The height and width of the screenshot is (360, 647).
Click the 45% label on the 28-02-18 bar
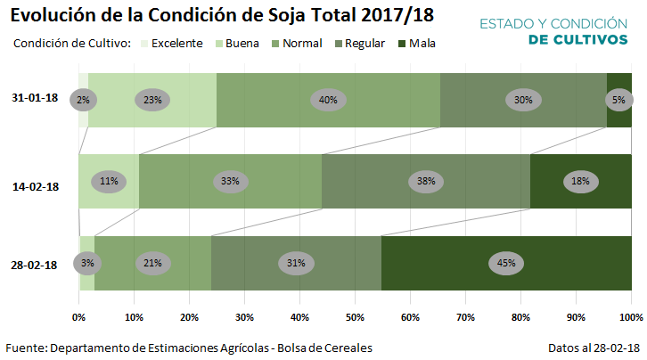[506, 263]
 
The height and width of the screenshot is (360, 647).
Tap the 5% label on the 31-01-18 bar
[618, 100]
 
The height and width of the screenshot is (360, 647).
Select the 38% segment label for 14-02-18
[426, 181]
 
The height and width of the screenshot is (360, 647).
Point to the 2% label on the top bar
[83, 100]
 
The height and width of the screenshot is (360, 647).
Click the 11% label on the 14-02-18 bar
[109, 181]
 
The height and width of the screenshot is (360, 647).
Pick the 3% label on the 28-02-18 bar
[87, 263]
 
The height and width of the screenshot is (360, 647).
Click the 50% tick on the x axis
[355, 316]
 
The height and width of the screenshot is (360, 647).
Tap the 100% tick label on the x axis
[630, 316]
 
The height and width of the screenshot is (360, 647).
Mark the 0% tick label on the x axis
[79, 316]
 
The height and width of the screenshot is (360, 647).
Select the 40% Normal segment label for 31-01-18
[328, 100]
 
